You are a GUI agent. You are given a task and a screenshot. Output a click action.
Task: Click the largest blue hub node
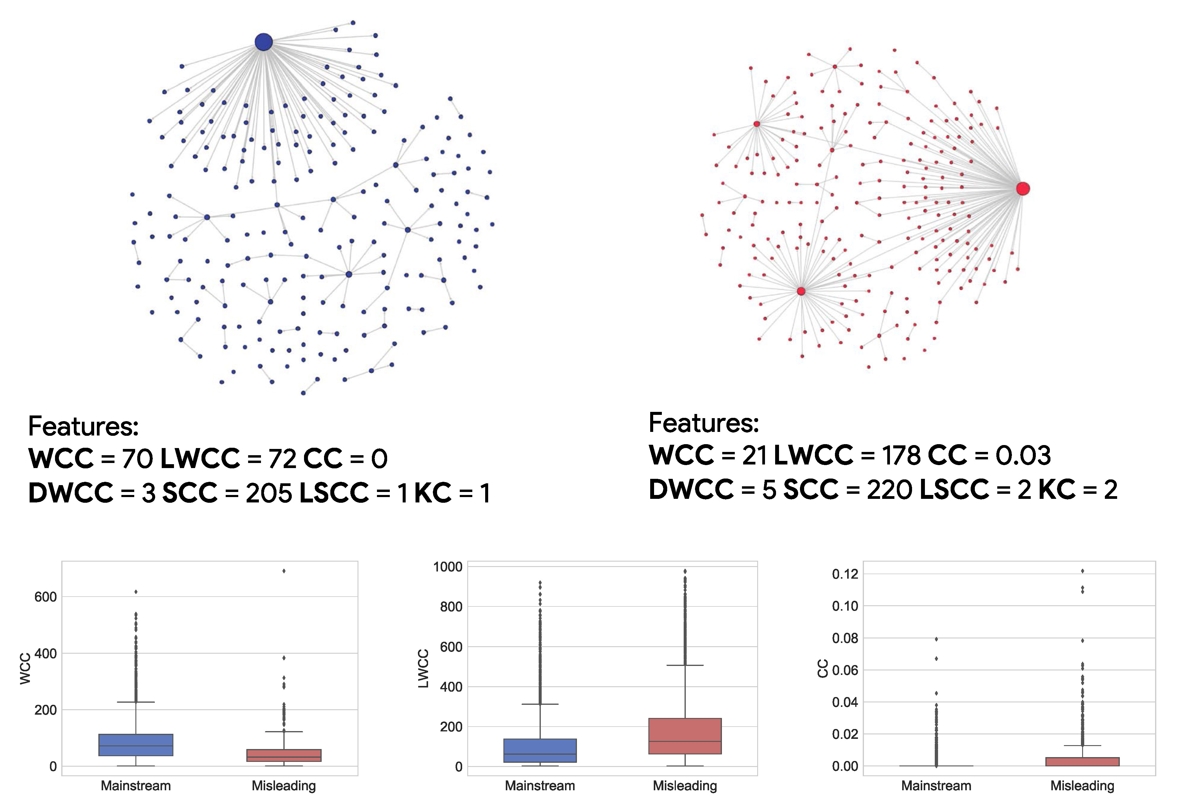pos(263,42)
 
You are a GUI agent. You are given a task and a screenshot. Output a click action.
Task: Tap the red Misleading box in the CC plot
pos(1082,761)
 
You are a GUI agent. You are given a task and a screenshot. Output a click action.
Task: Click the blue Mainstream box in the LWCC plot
pos(540,750)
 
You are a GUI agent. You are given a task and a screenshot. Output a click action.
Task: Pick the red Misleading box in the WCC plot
pos(284,755)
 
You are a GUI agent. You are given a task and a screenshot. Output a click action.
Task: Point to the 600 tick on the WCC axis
pos(46,597)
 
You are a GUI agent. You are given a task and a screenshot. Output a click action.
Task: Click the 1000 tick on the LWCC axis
pos(448,567)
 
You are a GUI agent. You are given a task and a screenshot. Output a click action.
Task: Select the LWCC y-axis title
pos(423,668)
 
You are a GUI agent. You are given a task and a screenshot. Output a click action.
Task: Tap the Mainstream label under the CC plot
pos(936,786)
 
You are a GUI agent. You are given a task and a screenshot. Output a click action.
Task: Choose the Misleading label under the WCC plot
pos(284,786)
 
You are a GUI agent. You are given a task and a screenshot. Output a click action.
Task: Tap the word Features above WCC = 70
pos(83,426)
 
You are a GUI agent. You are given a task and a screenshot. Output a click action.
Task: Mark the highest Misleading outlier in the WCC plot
pos(284,571)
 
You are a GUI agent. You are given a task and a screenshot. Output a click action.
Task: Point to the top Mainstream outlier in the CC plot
pos(936,639)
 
